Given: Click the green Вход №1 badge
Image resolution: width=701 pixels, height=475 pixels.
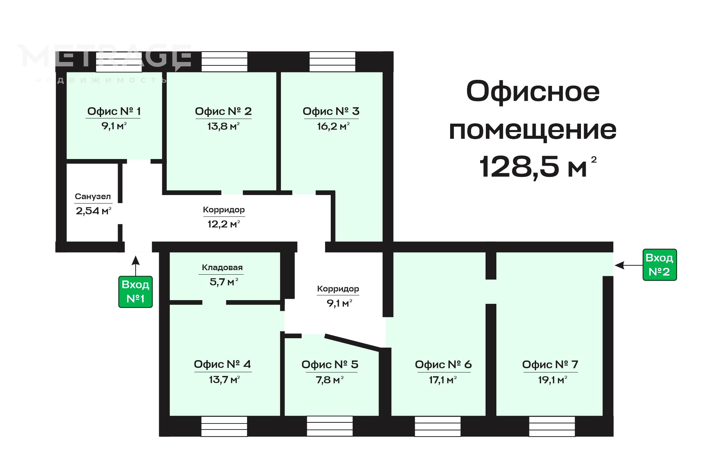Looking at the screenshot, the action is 135,292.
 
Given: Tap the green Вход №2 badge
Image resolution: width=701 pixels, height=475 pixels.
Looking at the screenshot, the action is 660,265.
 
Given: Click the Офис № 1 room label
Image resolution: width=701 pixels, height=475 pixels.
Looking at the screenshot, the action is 114,111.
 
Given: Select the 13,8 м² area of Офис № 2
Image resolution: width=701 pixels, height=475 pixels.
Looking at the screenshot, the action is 224,126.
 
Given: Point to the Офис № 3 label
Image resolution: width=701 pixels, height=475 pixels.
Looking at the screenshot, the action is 331,111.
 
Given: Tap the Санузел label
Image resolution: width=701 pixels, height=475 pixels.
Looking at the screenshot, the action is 93,196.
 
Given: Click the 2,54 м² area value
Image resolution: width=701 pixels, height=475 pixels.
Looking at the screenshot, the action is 93,211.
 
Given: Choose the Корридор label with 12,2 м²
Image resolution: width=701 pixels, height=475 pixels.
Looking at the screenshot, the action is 224,210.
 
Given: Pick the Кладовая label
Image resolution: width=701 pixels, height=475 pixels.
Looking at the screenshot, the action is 222,267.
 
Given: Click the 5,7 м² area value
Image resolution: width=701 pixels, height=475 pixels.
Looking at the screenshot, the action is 224,282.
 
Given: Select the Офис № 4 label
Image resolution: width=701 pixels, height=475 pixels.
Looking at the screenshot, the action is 223,364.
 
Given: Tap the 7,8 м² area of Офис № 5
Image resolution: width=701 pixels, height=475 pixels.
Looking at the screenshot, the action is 330,380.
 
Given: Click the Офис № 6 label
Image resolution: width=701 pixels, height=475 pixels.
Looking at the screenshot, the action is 443,365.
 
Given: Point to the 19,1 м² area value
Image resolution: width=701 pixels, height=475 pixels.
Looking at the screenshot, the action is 552,380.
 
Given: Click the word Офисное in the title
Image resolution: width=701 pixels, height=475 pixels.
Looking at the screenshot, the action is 533,92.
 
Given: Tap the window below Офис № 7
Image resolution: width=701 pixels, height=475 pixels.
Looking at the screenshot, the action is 552,426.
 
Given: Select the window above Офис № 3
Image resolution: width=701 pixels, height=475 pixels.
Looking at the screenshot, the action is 332,61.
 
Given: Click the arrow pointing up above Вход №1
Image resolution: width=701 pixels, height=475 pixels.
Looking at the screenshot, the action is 136,266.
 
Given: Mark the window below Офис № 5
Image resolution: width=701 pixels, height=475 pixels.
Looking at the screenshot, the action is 330,426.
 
